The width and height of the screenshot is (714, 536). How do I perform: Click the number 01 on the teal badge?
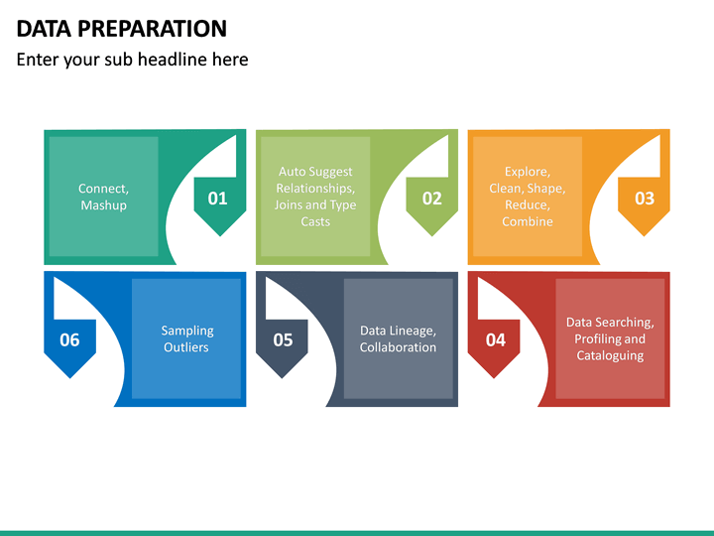tap(217, 199)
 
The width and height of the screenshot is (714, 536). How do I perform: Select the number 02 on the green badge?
tap(432, 199)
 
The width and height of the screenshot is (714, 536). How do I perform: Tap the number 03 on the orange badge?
tap(645, 199)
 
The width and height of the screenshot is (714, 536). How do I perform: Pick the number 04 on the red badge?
tap(495, 340)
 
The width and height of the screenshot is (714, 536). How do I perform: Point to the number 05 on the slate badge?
tap(283, 340)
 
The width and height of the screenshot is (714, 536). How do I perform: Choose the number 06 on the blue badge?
tap(69, 340)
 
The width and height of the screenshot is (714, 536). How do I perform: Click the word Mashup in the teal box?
tap(103, 205)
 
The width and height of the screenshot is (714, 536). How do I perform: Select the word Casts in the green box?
tap(315, 222)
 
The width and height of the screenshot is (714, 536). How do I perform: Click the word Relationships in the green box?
tap(315, 189)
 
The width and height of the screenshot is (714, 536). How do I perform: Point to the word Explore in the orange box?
tap(526, 172)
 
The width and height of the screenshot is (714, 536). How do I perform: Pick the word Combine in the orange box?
tap(528, 222)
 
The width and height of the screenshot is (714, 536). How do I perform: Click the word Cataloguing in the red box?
tap(610, 355)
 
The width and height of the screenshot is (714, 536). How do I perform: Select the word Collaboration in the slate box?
tap(398, 347)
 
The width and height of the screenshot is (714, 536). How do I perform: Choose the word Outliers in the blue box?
tap(186, 347)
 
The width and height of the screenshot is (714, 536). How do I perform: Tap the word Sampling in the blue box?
tap(187, 331)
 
